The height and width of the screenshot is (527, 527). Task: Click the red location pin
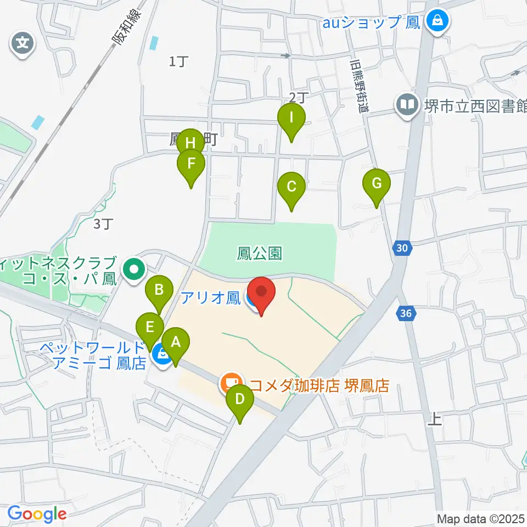[x=261, y=294]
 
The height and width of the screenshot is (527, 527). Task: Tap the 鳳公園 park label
[x=260, y=253]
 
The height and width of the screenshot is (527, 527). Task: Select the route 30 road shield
[x=402, y=249]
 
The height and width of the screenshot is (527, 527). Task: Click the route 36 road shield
[x=406, y=314]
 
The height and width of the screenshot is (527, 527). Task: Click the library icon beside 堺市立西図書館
[x=407, y=104]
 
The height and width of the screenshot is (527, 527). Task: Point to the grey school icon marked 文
[x=23, y=43]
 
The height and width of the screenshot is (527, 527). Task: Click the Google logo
[x=37, y=514]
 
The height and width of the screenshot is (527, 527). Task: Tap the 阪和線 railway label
[x=126, y=29]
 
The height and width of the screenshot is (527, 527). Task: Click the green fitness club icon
[x=134, y=270]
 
